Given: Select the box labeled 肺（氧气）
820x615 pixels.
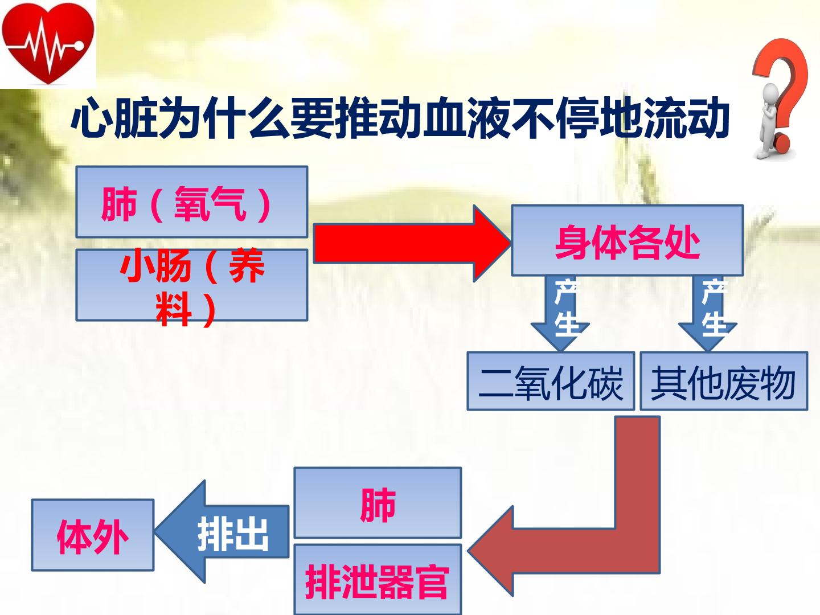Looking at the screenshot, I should click(x=191, y=202).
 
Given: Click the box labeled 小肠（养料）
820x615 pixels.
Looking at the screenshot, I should click(x=191, y=285).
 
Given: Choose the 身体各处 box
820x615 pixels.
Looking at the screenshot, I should click(x=627, y=241).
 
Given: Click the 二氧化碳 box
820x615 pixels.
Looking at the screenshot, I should click(x=551, y=381).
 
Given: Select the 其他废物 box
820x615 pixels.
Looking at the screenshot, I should click(x=724, y=381).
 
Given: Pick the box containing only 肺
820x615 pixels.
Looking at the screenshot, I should click(x=378, y=503).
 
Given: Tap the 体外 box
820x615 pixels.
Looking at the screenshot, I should click(x=92, y=535).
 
